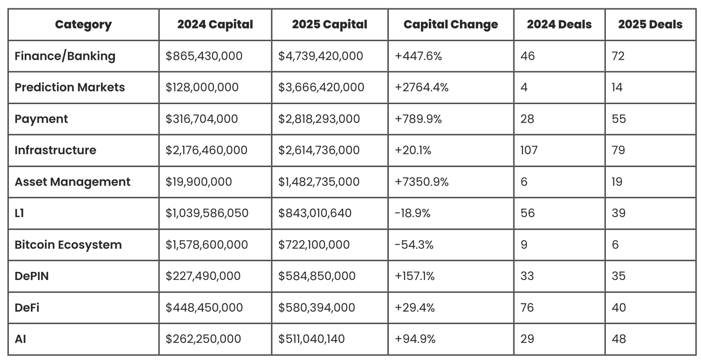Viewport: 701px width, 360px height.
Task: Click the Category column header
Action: (83, 25)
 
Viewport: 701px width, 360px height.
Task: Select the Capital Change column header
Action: (450, 25)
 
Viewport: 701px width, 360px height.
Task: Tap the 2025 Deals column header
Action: (650, 25)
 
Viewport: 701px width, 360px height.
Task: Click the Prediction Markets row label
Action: (70, 87)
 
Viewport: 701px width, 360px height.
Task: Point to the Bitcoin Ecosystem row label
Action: (68, 244)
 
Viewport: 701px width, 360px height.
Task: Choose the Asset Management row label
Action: (72, 182)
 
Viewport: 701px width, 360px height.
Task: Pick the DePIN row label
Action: (32, 276)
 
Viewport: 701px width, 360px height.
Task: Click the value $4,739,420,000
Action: (320, 56)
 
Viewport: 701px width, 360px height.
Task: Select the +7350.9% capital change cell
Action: (421, 182)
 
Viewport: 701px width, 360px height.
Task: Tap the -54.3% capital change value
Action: (413, 244)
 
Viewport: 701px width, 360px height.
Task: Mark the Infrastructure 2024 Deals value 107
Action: (529, 150)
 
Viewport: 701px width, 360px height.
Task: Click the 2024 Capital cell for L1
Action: (206, 213)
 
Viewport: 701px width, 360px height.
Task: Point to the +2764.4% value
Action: (421, 87)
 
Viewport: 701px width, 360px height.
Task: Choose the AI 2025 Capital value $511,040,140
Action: (312, 339)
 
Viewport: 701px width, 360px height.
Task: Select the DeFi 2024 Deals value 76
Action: (527, 307)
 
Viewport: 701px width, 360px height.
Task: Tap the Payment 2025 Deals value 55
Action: (618, 119)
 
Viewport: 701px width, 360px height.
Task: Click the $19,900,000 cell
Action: (199, 182)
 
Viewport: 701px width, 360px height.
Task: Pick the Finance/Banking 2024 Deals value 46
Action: (527, 56)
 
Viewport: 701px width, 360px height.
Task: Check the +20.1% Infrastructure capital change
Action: (412, 150)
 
